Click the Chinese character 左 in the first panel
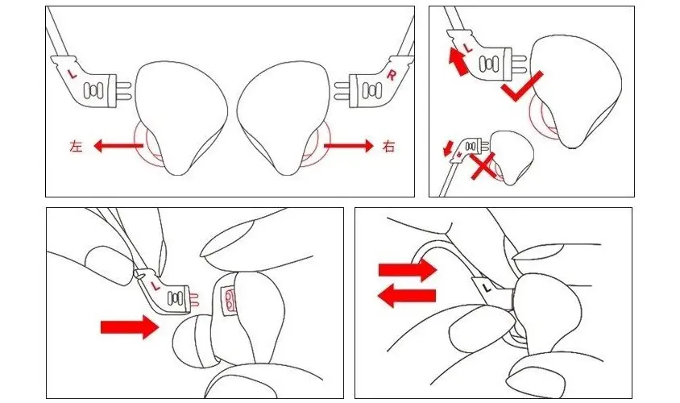pyautogui.click(x=76, y=146)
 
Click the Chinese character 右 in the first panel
pyautogui.click(x=389, y=146)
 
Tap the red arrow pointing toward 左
pyautogui.click(x=118, y=146)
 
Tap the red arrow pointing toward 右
pyautogui.click(x=348, y=146)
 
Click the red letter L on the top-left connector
pyautogui.click(x=73, y=74)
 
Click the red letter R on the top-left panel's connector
pyautogui.click(x=392, y=75)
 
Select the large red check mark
pyautogui.click(x=522, y=86)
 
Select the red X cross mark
pyautogui.click(x=483, y=166)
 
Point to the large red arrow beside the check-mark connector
pyautogui.click(x=458, y=61)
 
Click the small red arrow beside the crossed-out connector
pyautogui.click(x=446, y=147)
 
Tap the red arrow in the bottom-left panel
pyautogui.click(x=129, y=327)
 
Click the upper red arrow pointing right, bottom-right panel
pyautogui.click(x=407, y=270)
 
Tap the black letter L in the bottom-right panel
pyautogui.click(x=486, y=287)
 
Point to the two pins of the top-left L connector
pyautogui.click(x=124, y=90)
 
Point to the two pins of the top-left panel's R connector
pyautogui.click(x=342, y=92)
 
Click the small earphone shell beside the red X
pyautogui.click(x=512, y=156)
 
